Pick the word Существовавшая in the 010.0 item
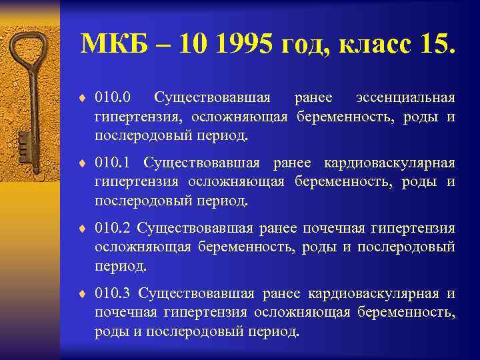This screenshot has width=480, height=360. point(212,99)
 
